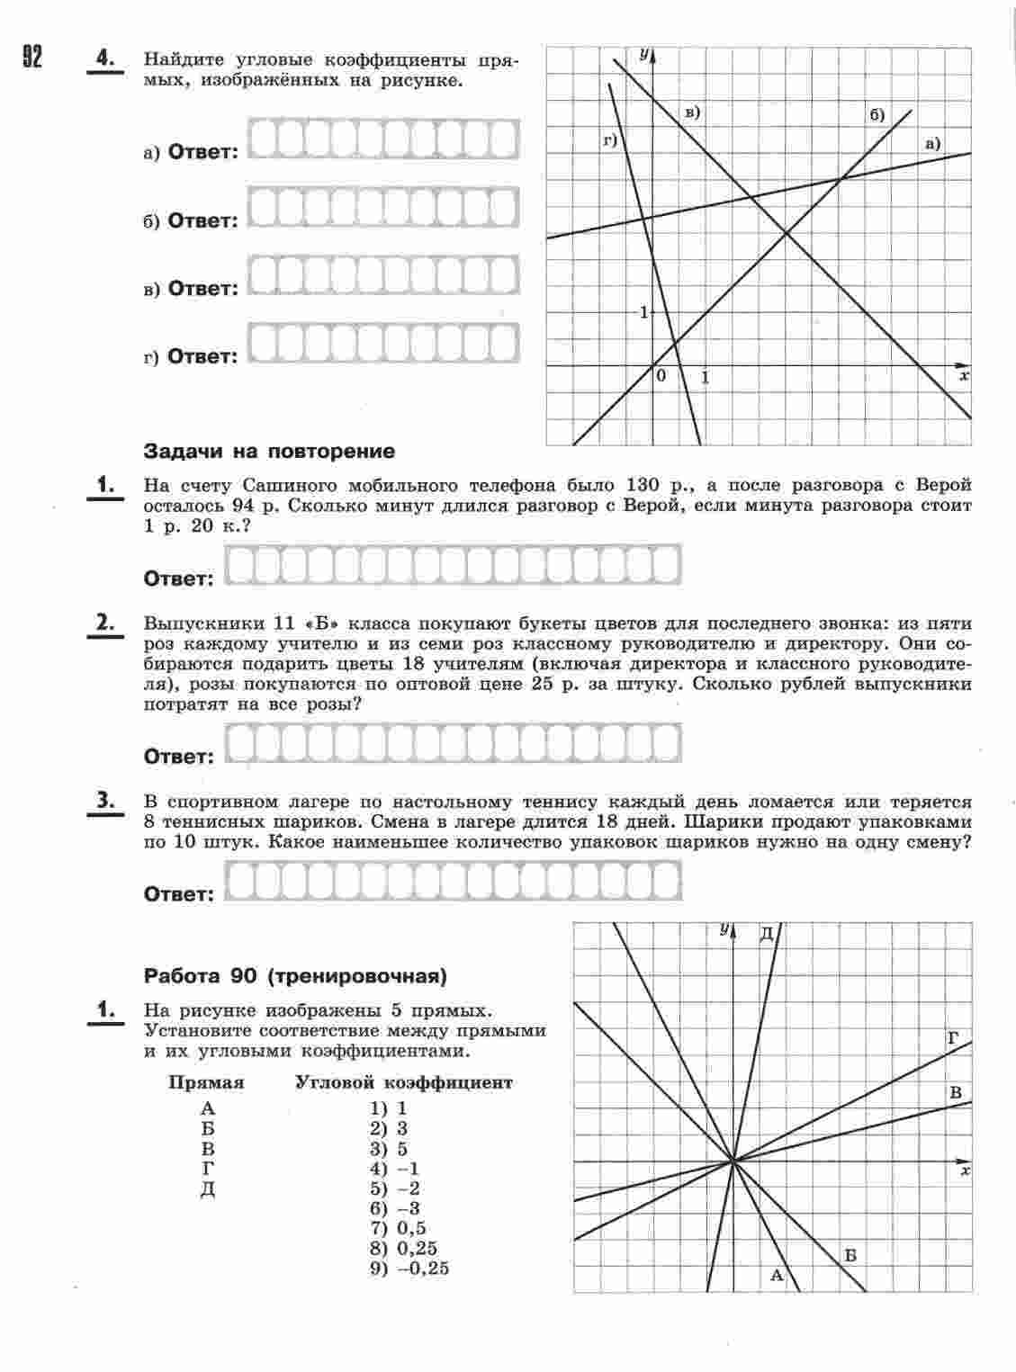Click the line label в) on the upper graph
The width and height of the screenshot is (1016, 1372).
click(x=692, y=112)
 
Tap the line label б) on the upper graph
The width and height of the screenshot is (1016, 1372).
click(x=877, y=115)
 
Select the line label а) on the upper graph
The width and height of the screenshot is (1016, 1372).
click(x=931, y=143)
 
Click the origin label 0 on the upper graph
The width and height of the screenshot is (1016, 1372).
click(x=661, y=376)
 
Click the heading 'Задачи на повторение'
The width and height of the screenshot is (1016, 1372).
click(x=269, y=452)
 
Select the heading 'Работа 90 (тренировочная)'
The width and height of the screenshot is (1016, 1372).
click(x=296, y=976)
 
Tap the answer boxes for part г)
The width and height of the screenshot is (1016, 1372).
click(x=382, y=343)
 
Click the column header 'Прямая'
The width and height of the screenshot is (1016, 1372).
click(x=206, y=1083)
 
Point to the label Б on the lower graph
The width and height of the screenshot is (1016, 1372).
click(x=850, y=1255)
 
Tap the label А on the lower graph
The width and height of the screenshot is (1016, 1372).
click(x=778, y=1275)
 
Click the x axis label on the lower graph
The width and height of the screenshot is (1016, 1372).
click(x=965, y=1171)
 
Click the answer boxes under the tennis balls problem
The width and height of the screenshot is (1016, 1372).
click(x=453, y=881)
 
